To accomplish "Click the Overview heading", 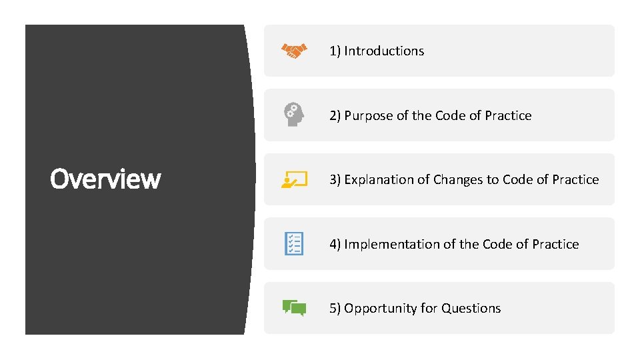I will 105,179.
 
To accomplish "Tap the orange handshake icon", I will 294,51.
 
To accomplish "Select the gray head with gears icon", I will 294,115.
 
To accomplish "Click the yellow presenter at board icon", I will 294,179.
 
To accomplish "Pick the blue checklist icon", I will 294,243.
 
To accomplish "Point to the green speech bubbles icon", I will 294,307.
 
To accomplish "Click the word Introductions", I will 384,51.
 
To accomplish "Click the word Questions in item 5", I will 471,308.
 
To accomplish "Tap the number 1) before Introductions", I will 335,51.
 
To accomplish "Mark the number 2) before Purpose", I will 335,115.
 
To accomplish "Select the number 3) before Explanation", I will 335,179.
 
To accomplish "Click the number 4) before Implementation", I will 335,244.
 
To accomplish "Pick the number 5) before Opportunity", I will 335,308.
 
